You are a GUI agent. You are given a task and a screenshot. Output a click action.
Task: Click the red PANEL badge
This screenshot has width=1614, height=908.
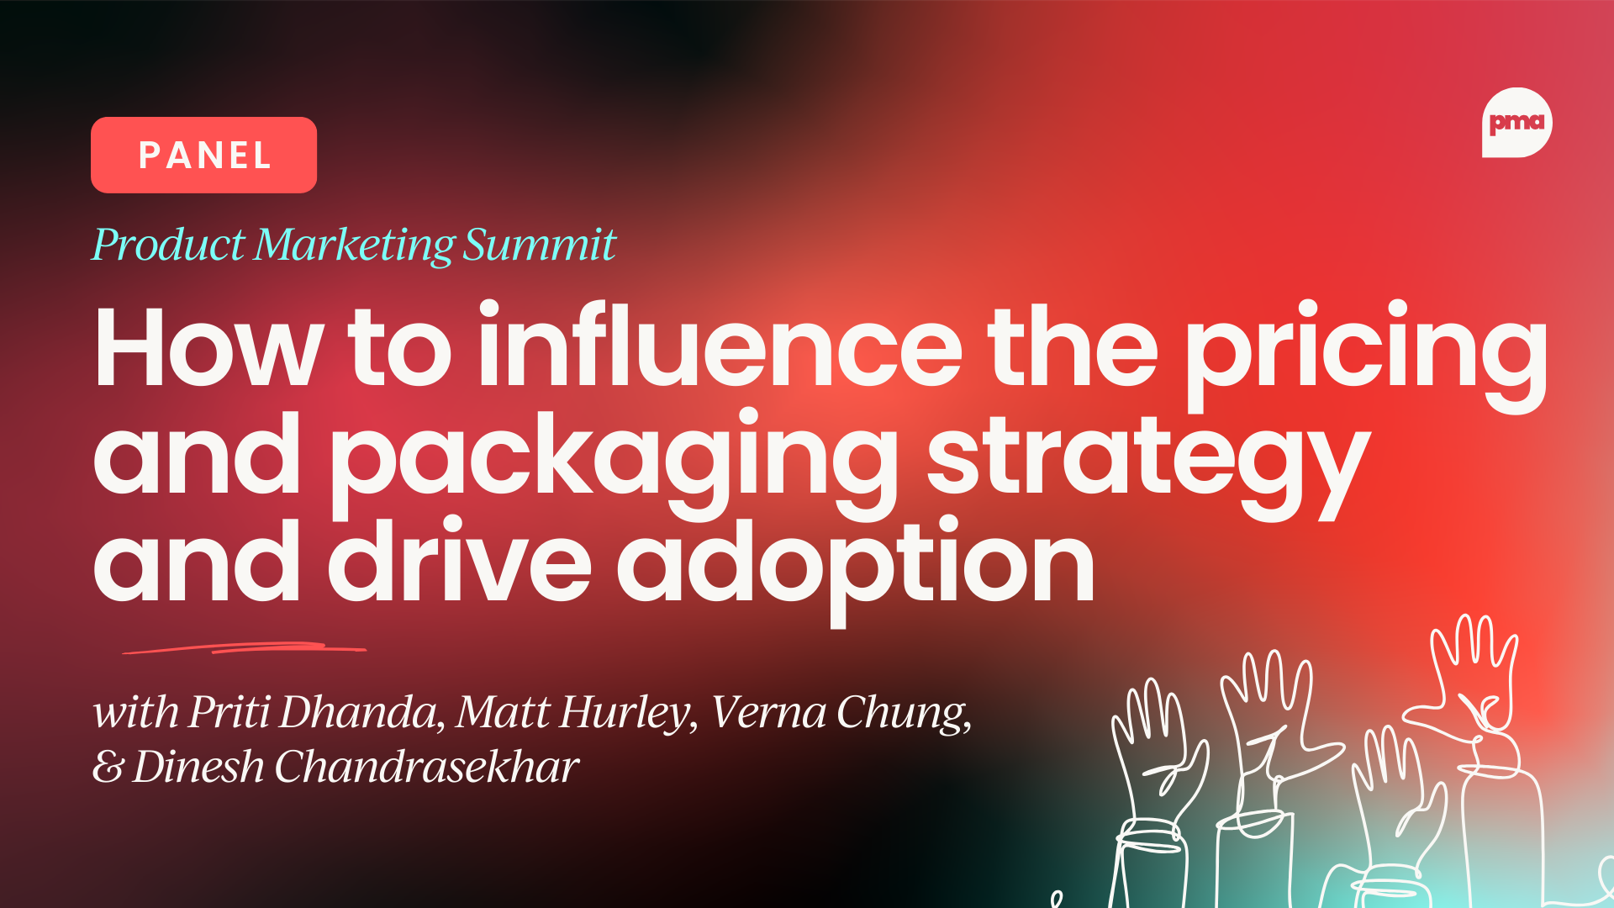(x=203, y=155)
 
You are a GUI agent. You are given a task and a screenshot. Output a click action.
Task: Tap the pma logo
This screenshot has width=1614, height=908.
(x=1516, y=123)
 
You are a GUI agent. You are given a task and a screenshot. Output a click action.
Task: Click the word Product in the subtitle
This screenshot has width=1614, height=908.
(x=168, y=245)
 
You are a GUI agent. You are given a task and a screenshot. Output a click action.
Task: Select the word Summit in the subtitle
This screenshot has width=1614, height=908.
(x=540, y=245)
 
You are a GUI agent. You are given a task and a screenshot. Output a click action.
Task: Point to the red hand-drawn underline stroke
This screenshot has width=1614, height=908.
(x=244, y=648)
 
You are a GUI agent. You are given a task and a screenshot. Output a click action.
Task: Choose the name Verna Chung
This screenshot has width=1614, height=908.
(x=841, y=713)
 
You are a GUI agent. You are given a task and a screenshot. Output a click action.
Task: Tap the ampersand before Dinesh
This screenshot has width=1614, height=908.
(x=108, y=767)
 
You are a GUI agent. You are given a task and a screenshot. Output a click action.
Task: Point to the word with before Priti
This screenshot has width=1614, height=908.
(x=135, y=713)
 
